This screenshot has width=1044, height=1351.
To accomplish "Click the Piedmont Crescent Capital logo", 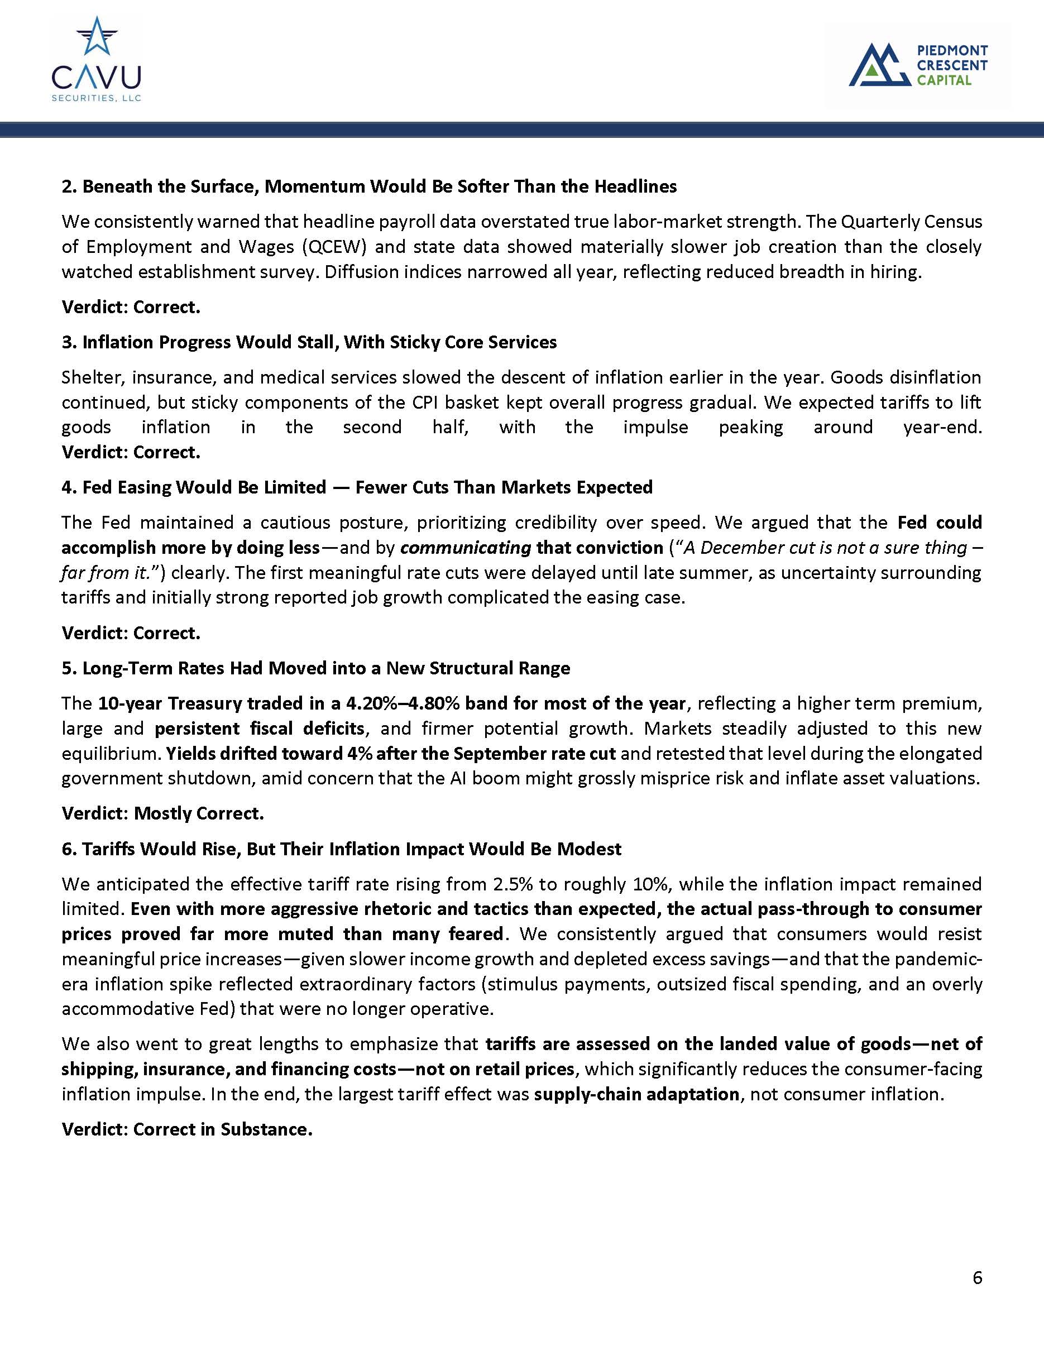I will click(918, 64).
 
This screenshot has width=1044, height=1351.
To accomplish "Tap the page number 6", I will click(977, 1277).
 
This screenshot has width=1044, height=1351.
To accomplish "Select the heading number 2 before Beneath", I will click(68, 186).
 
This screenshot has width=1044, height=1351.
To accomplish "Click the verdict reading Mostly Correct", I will click(199, 813).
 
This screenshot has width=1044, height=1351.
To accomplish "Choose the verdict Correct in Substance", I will click(223, 1129).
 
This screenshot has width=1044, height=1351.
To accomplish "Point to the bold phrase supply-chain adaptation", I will click(636, 1094).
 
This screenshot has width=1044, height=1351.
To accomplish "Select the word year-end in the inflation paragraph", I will click(942, 427).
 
